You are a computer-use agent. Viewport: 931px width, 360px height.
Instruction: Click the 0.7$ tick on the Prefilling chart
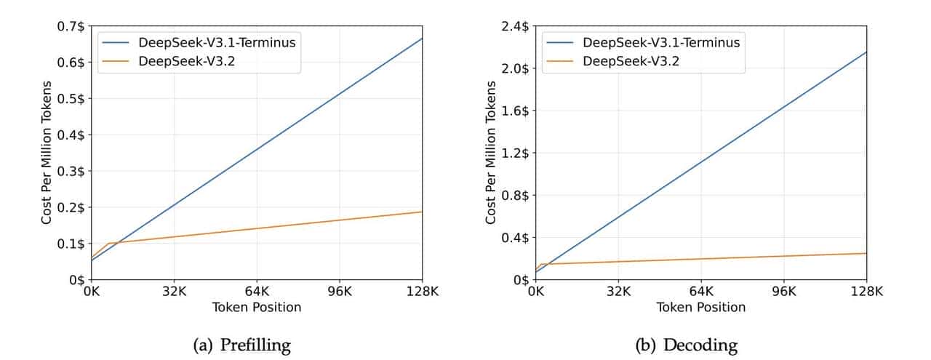pyautogui.click(x=71, y=27)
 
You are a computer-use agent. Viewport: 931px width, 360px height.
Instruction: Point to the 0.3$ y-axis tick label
pyautogui.click(x=71, y=172)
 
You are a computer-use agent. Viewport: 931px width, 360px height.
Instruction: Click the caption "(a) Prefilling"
pyautogui.click(x=241, y=345)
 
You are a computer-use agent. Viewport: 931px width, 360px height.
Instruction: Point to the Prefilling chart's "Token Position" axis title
pyautogui.click(x=257, y=308)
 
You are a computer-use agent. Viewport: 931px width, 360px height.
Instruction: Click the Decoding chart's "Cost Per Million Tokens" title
pyautogui.click(x=492, y=153)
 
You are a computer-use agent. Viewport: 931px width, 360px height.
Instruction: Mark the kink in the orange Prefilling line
pyautogui.click(x=108, y=243)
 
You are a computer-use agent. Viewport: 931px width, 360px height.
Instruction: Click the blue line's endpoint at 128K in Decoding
pyautogui.click(x=866, y=52)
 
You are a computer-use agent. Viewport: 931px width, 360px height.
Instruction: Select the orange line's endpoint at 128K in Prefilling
pyautogui.click(x=422, y=212)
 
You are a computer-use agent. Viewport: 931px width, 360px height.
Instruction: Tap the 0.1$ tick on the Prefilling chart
pyautogui.click(x=71, y=244)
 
